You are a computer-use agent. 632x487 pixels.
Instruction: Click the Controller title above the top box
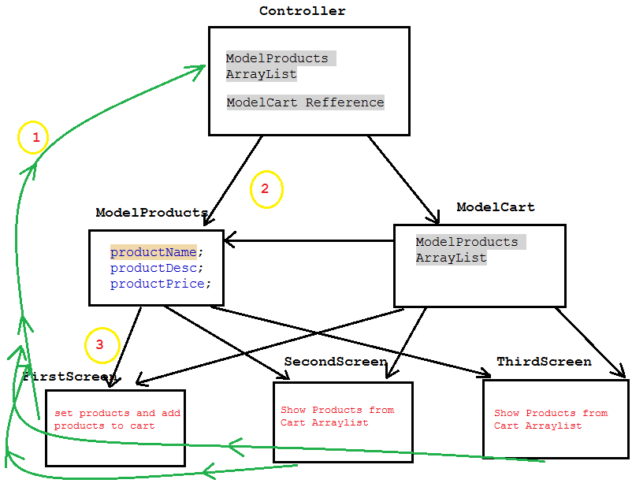(x=302, y=11)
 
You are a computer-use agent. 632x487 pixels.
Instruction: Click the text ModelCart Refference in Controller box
(x=305, y=102)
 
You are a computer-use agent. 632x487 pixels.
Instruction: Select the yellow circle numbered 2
(x=266, y=189)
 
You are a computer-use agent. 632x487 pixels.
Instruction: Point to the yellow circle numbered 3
(x=101, y=345)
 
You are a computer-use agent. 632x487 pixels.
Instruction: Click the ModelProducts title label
(x=151, y=213)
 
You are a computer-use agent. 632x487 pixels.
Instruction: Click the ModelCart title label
(x=495, y=207)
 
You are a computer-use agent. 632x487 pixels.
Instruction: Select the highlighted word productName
(x=154, y=252)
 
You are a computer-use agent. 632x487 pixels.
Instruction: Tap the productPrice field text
(x=160, y=284)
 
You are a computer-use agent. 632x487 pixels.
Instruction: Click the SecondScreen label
(x=335, y=362)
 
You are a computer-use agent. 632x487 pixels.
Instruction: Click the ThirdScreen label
(x=544, y=362)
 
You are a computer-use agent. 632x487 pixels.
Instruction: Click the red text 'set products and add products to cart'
(x=117, y=419)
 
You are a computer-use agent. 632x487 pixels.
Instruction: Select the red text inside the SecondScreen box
(x=336, y=416)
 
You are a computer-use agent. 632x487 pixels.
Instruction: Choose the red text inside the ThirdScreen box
(x=550, y=419)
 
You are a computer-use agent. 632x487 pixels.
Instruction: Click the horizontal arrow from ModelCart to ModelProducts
(x=307, y=241)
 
